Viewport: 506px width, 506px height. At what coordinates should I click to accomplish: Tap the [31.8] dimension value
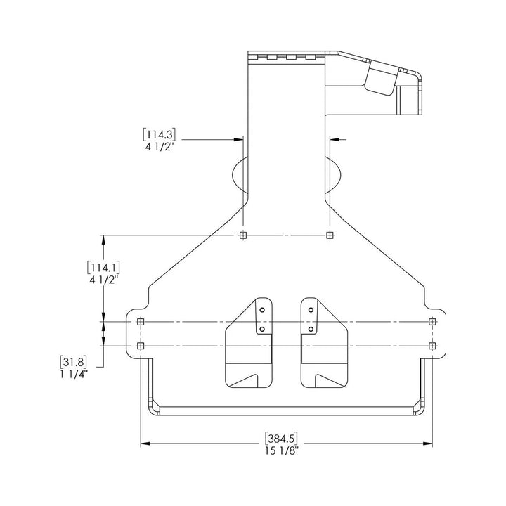tap(74, 362)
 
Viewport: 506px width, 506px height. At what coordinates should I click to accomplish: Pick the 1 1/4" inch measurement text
tap(74, 375)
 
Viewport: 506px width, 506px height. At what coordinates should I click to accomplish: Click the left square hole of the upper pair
tap(243, 235)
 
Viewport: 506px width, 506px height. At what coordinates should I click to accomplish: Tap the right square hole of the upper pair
tap(330, 235)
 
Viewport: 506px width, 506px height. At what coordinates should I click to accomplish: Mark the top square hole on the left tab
tap(141, 322)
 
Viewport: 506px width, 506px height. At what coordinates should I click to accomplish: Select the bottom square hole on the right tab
tap(432, 346)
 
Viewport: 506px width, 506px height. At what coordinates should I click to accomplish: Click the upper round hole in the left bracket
tap(261, 309)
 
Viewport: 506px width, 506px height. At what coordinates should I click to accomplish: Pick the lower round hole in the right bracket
tap(310, 327)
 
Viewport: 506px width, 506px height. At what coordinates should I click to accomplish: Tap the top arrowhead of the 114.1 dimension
tap(104, 240)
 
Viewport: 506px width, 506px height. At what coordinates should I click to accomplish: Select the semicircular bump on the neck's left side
tap(237, 174)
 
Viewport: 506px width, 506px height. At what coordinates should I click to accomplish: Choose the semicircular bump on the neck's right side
tap(335, 174)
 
